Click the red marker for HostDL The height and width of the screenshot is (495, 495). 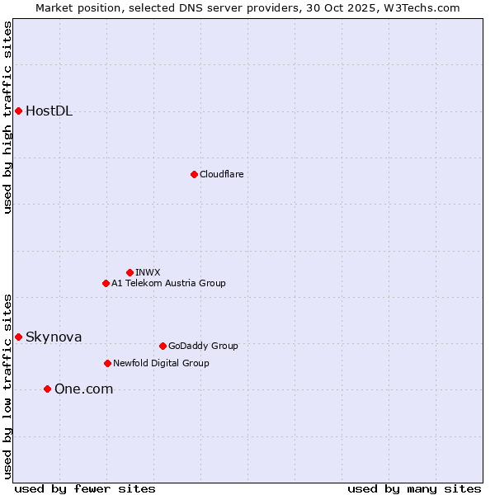tap(18, 111)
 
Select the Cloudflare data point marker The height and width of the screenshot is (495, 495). tap(194, 174)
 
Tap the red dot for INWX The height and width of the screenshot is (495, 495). tap(130, 272)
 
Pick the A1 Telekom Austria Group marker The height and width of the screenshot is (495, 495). tap(106, 283)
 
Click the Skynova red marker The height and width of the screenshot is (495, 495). tap(18, 337)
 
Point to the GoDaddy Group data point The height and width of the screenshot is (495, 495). tap(163, 346)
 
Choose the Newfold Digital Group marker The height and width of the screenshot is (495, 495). tap(107, 363)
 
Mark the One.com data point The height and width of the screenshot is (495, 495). tap(47, 389)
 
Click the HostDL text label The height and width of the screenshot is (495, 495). tap(49, 111)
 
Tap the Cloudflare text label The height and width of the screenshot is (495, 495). tap(221, 174)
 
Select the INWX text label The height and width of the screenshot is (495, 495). tap(148, 272)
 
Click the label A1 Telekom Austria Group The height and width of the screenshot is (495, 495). tap(168, 283)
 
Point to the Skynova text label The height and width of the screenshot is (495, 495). tap(54, 337)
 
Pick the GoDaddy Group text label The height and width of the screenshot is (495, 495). tap(203, 346)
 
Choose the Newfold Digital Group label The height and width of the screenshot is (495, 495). tap(161, 363)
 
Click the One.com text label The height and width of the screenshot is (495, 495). tap(83, 389)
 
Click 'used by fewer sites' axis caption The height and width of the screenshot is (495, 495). tap(85, 488)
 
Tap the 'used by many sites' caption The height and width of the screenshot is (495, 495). tap(414, 488)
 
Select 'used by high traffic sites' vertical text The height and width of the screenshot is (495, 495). tap(7, 118)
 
